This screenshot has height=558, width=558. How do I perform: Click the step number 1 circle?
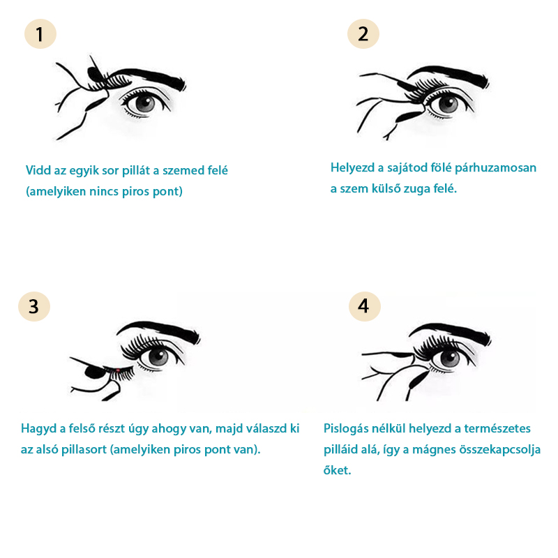tap(40, 33)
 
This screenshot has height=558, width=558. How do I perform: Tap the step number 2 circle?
tap(363, 33)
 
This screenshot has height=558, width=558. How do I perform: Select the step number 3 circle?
tap(34, 306)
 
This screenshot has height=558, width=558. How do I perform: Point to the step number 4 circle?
tap(364, 306)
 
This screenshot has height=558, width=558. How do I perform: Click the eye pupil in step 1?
tap(145, 103)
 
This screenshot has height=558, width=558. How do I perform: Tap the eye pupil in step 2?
tap(448, 104)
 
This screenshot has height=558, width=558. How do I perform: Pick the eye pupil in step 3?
tap(158, 357)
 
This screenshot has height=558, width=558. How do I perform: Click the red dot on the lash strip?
tap(118, 370)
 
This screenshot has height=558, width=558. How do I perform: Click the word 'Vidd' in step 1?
tap(38, 170)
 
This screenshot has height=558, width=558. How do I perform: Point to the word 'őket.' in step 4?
tap(337, 470)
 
